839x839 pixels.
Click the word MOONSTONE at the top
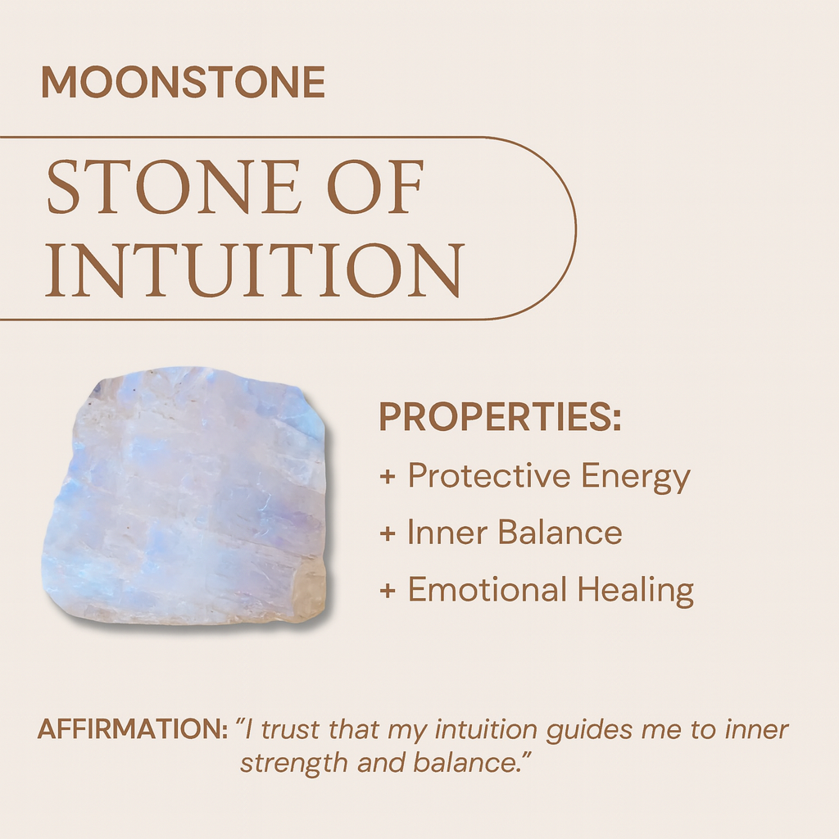pos(183,83)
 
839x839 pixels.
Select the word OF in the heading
pos(376,190)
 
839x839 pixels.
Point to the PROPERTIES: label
pos(500,419)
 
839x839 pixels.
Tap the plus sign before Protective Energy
pos(388,477)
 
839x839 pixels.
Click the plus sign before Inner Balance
pos(388,534)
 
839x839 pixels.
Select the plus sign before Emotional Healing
pos(388,591)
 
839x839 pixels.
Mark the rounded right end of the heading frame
pos(574,228)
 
